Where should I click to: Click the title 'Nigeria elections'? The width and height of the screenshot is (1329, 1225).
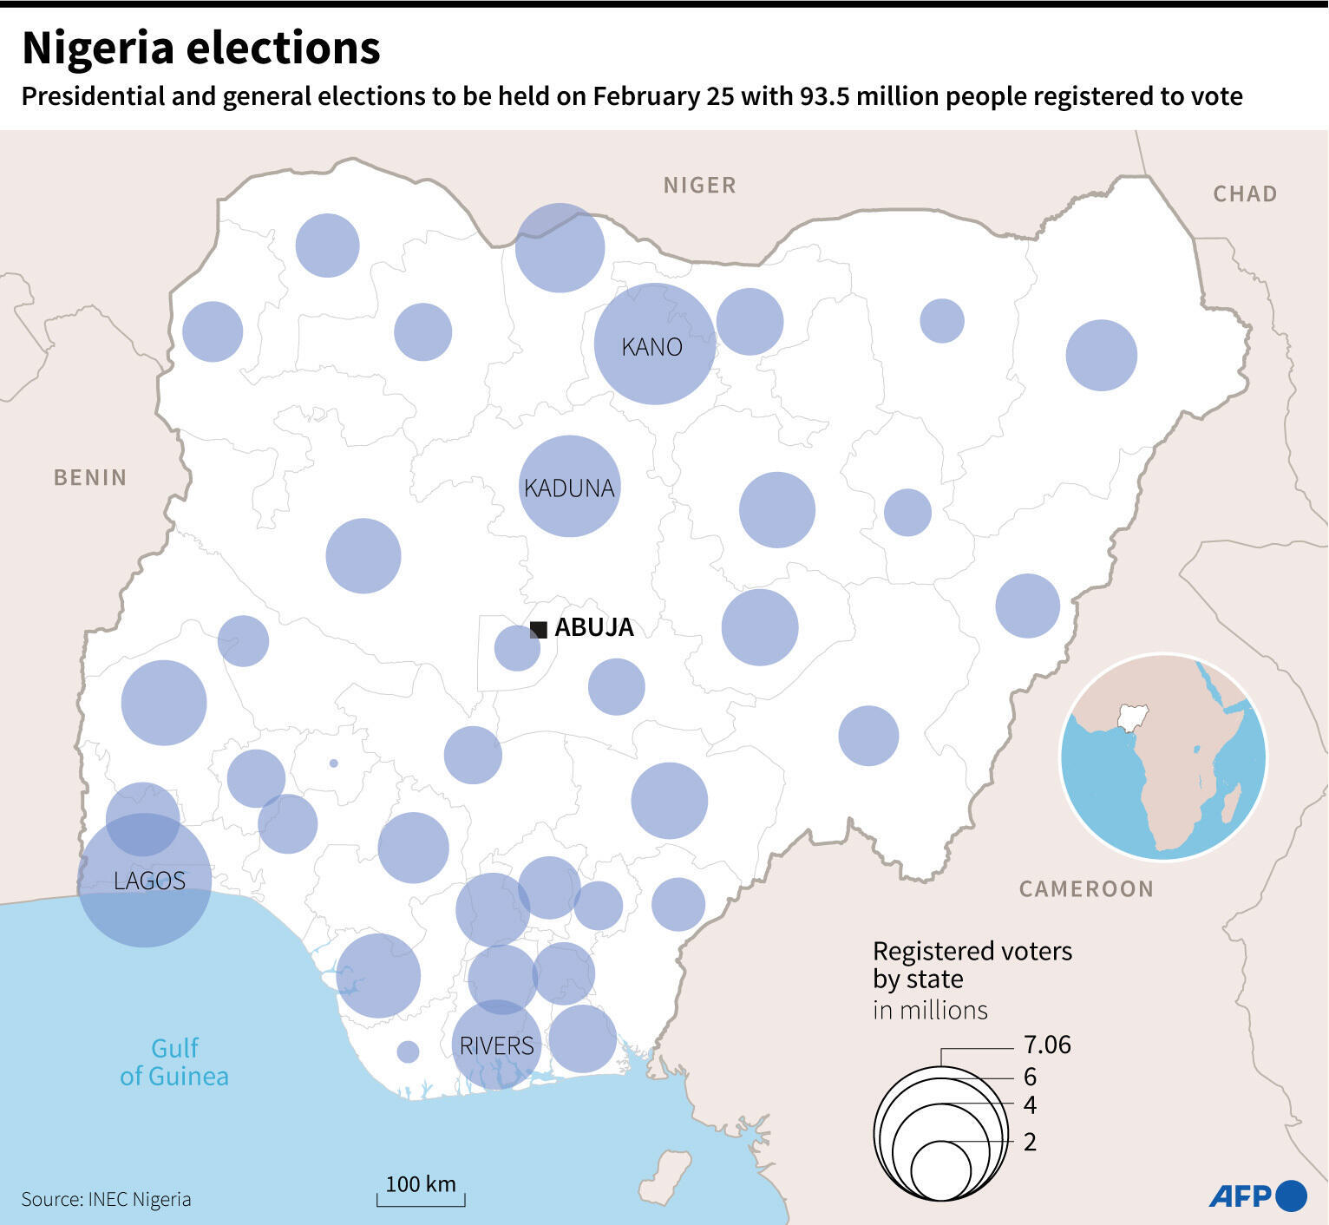click(200, 49)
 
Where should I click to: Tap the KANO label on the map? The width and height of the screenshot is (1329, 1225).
click(651, 347)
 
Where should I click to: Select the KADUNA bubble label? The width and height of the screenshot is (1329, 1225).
click(569, 488)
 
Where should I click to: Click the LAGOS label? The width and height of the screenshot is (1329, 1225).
click(149, 881)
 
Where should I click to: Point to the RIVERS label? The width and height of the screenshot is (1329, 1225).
click(496, 1045)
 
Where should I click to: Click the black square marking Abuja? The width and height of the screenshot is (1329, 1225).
click(539, 630)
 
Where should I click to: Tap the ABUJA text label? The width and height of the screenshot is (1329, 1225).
click(594, 627)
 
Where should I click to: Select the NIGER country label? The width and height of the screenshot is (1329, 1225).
click(699, 185)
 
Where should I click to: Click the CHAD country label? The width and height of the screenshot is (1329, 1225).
click(1244, 193)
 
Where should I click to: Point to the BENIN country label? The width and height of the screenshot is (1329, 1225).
click(90, 477)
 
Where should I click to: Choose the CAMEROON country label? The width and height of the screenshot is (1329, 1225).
click(1086, 888)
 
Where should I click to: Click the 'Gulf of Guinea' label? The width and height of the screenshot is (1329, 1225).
click(174, 1062)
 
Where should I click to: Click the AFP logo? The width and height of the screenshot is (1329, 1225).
click(1257, 1196)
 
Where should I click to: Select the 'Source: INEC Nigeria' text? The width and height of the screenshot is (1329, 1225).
click(106, 1199)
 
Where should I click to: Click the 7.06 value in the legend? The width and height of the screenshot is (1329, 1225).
click(1047, 1045)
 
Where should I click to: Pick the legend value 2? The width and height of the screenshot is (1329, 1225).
click(1030, 1142)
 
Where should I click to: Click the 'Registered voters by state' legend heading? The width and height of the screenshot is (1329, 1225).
click(972, 965)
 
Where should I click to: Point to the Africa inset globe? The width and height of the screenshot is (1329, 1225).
click(1163, 757)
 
